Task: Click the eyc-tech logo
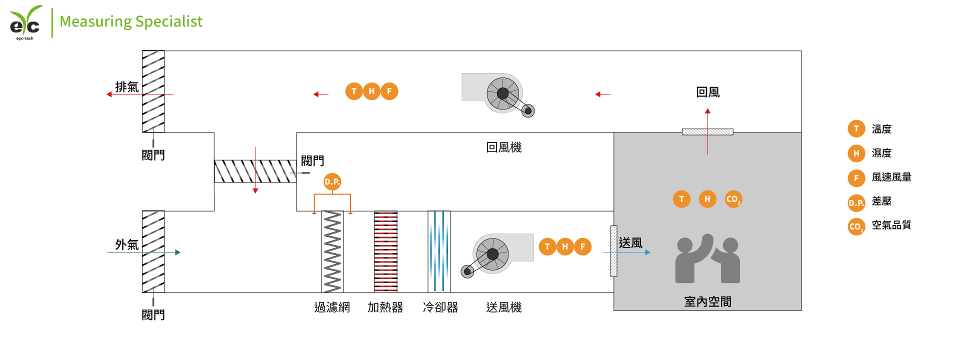[x=25, y=22]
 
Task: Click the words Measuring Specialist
[x=131, y=21]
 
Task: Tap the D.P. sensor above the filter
[x=332, y=181]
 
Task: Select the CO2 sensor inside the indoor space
[x=733, y=199]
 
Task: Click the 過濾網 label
[x=332, y=307]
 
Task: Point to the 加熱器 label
[x=385, y=307]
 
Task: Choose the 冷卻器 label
[x=440, y=307]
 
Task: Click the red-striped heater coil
[x=386, y=251]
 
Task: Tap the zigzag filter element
[x=332, y=251]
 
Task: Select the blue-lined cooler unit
[x=439, y=251]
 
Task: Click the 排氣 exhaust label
[x=126, y=87]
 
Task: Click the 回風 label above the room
[x=707, y=92]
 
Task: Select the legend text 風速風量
[x=891, y=177]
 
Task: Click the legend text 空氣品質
[x=891, y=225]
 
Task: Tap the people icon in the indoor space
[x=707, y=258]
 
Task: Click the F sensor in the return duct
[x=389, y=91]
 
